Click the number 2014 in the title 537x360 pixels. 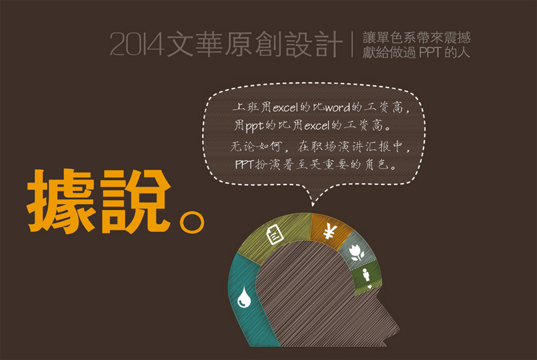click(137, 44)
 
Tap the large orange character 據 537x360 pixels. click(61, 201)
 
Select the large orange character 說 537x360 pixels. click(135, 201)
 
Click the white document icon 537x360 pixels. click(274, 235)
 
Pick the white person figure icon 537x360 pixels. click(367, 277)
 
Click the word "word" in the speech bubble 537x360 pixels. click(337, 108)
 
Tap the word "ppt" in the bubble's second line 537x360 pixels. click(254, 127)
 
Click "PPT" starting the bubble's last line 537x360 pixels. click(244, 164)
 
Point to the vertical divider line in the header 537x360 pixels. click(352, 44)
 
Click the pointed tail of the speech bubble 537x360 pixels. click(313, 205)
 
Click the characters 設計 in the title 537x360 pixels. click(313, 44)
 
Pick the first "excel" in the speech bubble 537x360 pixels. click(285, 108)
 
